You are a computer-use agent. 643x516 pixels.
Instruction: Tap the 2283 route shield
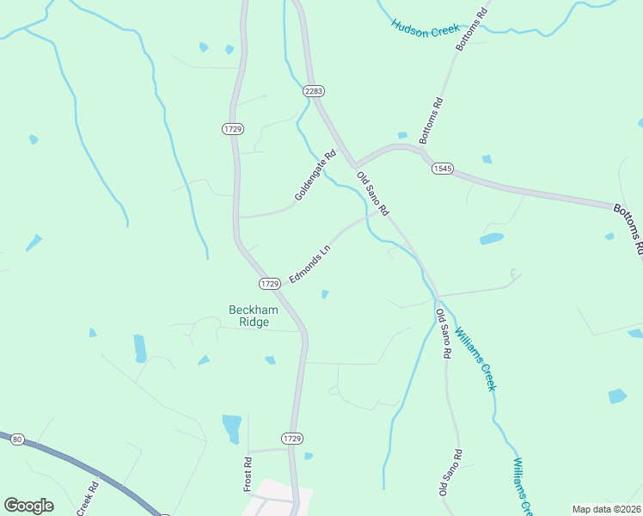tap(313, 90)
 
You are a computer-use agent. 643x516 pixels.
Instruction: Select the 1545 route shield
tap(442, 169)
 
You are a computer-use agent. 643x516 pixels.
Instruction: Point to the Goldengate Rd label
tap(315, 177)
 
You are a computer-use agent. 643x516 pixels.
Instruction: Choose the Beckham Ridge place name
tap(249, 316)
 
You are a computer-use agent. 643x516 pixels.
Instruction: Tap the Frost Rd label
tap(248, 474)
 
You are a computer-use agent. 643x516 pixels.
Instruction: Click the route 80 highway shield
tap(16, 439)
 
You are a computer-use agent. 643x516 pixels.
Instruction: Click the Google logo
tap(28, 506)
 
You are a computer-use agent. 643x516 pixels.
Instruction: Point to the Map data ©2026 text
tap(606, 509)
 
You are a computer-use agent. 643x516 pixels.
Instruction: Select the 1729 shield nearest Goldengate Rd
tap(232, 128)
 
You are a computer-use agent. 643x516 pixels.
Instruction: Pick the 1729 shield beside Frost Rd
tap(292, 439)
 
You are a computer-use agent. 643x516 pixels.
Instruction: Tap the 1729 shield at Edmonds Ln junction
tap(270, 283)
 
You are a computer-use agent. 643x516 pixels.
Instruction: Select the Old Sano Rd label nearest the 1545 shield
tap(373, 194)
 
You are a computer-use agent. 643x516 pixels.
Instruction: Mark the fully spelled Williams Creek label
tap(475, 358)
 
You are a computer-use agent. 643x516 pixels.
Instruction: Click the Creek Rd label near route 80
tap(89, 498)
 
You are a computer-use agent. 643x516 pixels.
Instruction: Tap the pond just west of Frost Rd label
tap(231, 427)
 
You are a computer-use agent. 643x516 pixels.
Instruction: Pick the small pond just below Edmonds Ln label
tap(324, 294)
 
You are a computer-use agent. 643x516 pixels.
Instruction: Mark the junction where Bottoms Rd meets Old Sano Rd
tap(353, 164)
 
